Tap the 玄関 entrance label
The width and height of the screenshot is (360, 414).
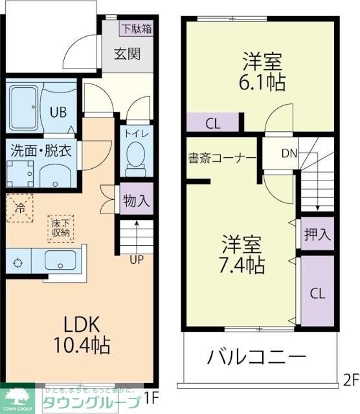tap(128, 54)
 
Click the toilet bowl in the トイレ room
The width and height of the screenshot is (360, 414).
tap(136, 155)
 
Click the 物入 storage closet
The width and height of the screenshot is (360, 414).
tap(136, 201)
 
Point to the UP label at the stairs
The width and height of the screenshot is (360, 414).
tap(137, 261)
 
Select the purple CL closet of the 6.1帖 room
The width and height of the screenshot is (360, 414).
tap(212, 122)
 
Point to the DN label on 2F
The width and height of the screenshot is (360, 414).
tap(289, 153)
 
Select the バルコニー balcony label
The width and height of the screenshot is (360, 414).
tap(256, 357)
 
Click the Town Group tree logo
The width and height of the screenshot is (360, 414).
tap(19, 396)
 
